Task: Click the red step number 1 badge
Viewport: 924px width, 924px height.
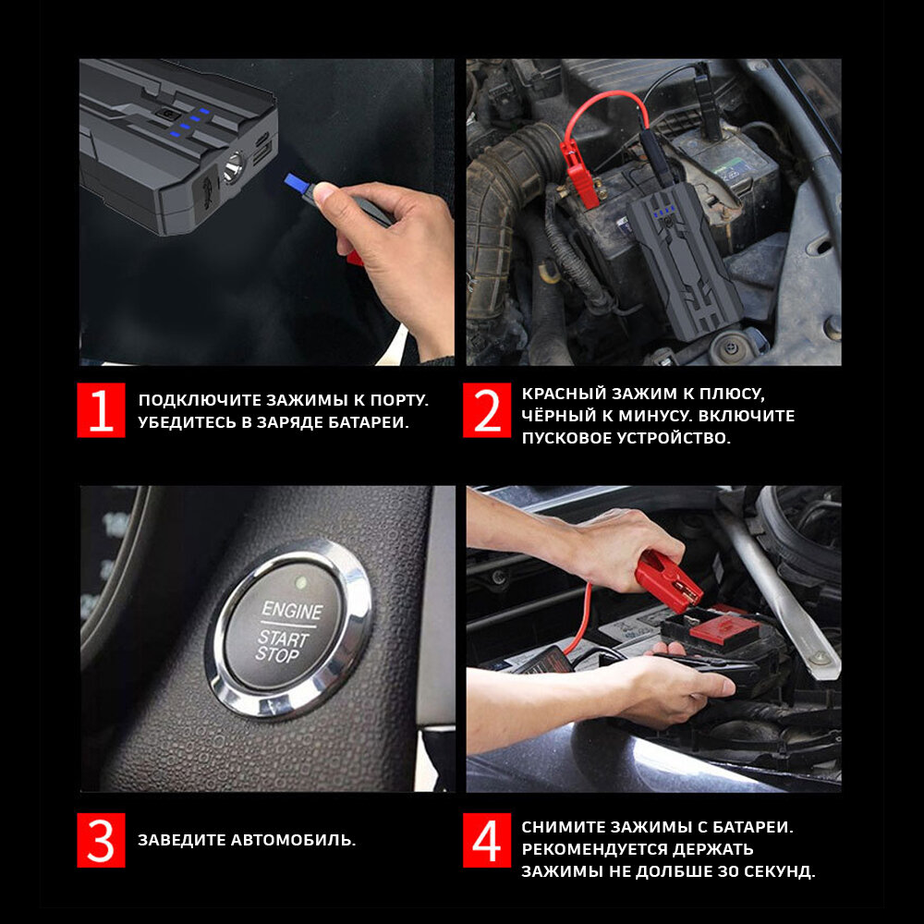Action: [101, 410]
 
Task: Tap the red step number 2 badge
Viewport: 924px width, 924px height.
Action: [487, 410]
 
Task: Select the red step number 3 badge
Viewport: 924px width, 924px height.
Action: [101, 840]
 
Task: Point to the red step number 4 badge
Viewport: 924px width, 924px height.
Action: [487, 840]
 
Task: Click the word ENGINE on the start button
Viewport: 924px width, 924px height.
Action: [292, 610]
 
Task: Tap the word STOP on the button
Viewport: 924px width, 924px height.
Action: [277, 655]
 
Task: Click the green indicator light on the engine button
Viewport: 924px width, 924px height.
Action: [301, 583]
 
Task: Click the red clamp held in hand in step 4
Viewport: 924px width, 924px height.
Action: [669, 580]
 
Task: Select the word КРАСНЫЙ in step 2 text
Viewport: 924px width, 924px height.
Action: [564, 394]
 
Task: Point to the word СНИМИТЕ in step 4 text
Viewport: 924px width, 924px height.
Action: [562, 827]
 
